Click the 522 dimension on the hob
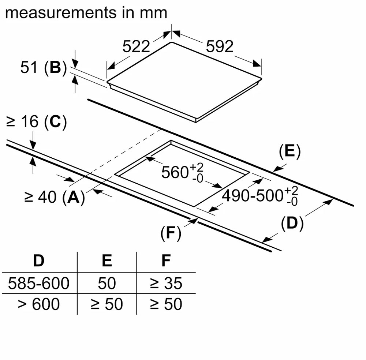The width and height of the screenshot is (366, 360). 136,46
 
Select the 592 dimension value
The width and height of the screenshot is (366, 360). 220,46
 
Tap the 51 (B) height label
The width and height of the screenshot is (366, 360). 43,68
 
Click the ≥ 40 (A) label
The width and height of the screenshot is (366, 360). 54,197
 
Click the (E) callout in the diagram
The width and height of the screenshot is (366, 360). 290,152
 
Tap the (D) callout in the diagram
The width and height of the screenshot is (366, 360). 292,224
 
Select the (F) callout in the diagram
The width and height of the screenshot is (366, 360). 171,233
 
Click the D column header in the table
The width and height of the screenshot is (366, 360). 38,261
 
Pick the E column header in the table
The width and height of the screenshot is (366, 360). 107,261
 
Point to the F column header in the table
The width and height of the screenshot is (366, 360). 166,261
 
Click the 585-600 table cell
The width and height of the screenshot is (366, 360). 38,283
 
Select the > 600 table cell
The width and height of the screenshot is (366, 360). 38,304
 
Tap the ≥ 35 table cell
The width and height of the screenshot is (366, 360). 166,283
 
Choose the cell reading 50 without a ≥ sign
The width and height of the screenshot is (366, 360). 107,283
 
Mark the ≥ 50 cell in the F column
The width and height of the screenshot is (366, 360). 166,304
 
